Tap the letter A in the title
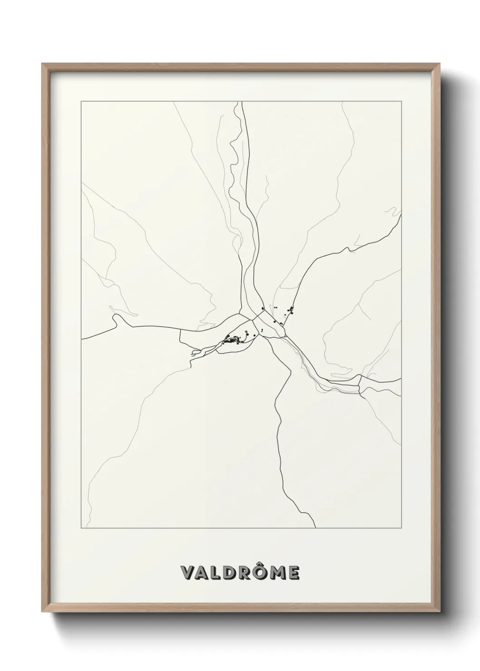point(203,573)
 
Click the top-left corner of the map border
point(81,102)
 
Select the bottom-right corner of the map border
point(401,528)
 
